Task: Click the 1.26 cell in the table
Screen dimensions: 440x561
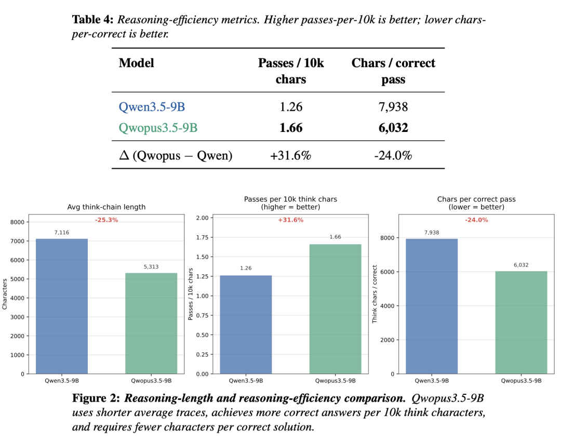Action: pyautogui.click(x=290, y=107)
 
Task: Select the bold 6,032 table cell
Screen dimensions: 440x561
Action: pyautogui.click(x=393, y=128)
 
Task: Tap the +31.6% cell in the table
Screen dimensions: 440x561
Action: pyautogui.click(x=290, y=155)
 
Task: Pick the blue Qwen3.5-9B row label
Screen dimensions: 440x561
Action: pyautogui.click(x=152, y=107)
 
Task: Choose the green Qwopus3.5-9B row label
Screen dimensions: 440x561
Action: pyautogui.click(x=158, y=128)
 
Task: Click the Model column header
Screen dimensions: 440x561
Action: pyautogui.click(x=136, y=63)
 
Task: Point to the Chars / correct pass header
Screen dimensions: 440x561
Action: pyautogui.click(x=393, y=71)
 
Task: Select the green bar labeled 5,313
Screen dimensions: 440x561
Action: pyautogui.click(x=151, y=323)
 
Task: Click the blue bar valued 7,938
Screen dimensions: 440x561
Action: pyautogui.click(x=432, y=306)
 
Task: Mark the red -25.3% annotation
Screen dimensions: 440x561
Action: pyautogui.click(x=106, y=220)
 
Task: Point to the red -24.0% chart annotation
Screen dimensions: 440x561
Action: pyautogui.click(x=476, y=220)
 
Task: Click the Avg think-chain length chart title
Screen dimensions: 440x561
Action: pyautogui.click(x=106, y=207)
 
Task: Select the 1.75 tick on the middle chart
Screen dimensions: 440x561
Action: pyautogui.click(x=202, y=237)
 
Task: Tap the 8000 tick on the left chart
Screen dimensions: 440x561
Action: pyautogui.click(x=17, y=222)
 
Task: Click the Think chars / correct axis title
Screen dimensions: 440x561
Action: pyautogui.click(x=375, y=294)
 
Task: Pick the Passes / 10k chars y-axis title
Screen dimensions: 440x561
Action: pyautogui.click(x=191, y=294)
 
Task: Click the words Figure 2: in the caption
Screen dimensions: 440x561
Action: pyautogui.click(x=96, y=399)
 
